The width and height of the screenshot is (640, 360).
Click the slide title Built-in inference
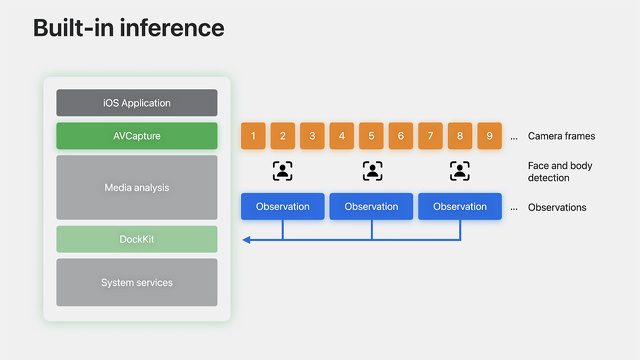(129, 27)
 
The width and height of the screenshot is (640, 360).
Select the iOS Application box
(137, 103)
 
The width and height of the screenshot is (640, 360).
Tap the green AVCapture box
(137, 136)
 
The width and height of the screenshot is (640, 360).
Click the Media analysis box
(137, 187)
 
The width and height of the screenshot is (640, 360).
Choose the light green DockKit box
(137, 239)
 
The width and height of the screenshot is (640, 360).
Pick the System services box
(137, 282)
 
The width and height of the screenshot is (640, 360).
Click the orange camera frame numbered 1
(254, 136)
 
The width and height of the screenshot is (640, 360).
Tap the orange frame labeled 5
(371, 136)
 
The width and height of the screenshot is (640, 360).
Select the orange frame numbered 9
(489, 136)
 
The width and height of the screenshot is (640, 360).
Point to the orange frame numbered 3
(312, 136)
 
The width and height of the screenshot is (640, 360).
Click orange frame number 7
(430, 136)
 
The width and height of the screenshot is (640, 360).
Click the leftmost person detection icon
(283, 171)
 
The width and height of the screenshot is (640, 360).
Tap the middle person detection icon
(372, 171)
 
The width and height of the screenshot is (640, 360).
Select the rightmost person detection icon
(460, 171)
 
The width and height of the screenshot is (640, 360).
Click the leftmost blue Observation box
(283, 207)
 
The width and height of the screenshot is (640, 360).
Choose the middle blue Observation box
(371, 207)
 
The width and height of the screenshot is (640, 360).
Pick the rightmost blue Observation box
(460, 207)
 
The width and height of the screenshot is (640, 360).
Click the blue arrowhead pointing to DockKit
(247, 240)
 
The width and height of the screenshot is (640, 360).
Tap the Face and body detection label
(549, 171)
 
